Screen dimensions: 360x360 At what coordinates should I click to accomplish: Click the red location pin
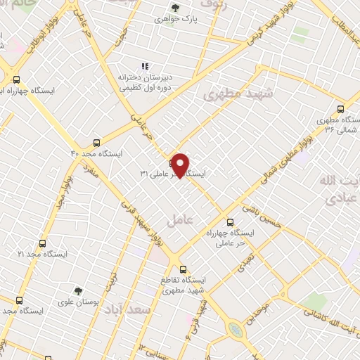[x=181, y=165]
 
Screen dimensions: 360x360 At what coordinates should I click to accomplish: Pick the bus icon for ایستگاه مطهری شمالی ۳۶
[x=340, y=108]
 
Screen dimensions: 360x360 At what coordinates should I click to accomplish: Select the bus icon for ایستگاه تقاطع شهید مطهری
[x=183, y=269]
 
